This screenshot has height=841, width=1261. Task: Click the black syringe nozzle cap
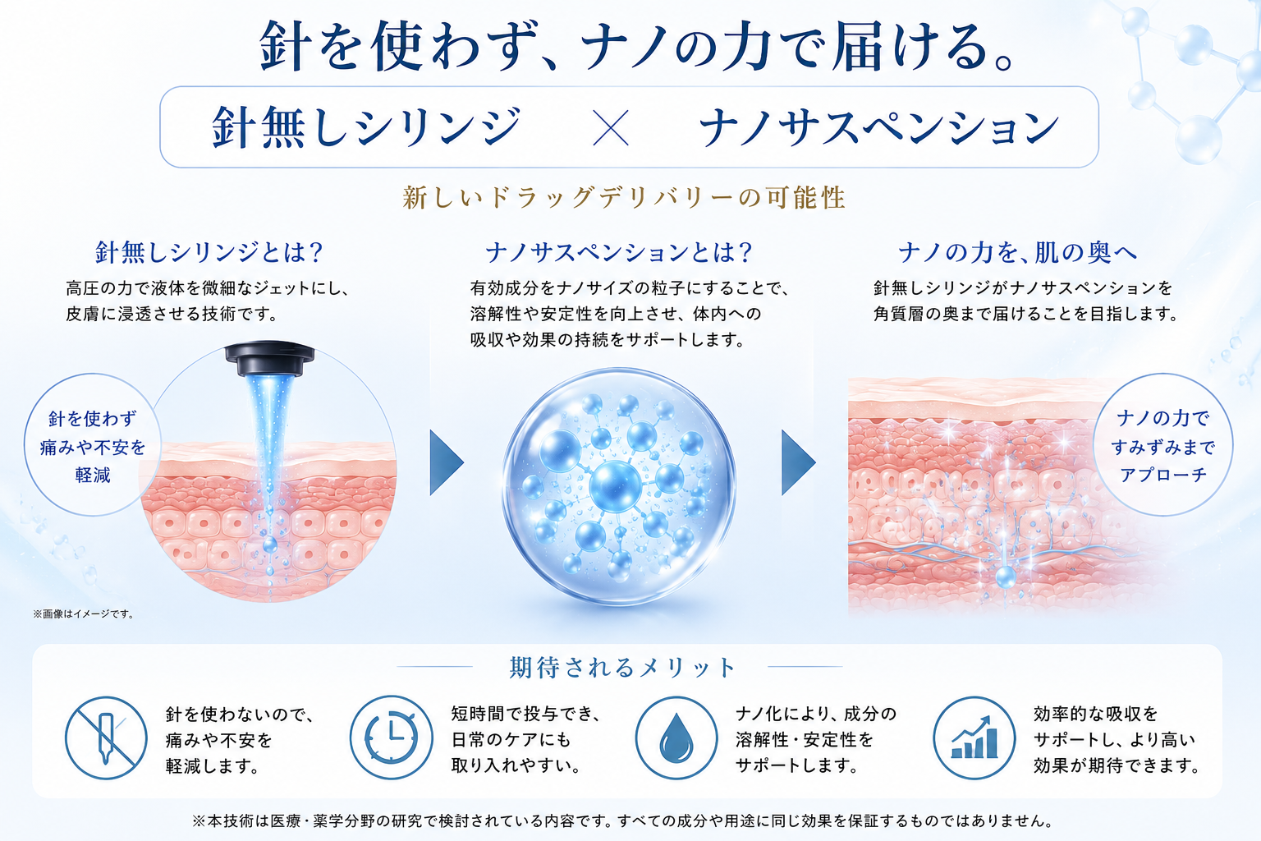(x=269, y=358)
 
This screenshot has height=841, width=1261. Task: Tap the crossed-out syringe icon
(x=106, y=738)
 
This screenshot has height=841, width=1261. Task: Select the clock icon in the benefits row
(x=392, y=738)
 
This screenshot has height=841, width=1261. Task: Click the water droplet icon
(x=676, y=738)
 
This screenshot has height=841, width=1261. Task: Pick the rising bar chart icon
(x=974, y=738)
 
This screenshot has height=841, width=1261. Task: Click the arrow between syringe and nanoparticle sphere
(x=447, y=463)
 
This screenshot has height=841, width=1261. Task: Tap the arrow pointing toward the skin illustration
(x=798, y=463)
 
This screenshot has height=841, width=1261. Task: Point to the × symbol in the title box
(x=612, y=128)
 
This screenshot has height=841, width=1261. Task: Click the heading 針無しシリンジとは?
(x=209, y=252)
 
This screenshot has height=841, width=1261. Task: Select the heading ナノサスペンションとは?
(x=619, y=252)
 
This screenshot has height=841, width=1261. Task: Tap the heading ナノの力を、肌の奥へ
(x=1017, y=252)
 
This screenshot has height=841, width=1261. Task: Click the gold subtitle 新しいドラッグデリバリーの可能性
(x=624, y=198)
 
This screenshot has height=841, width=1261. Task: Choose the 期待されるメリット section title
(x=622, y=668)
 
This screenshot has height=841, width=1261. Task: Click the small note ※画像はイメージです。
(x=84, y=614)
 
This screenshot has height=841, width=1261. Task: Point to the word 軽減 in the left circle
(x=93, y=475)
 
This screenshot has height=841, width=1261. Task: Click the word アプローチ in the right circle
(x=1163, y=475)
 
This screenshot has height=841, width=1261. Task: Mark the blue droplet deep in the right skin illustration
(x=1006, y=577)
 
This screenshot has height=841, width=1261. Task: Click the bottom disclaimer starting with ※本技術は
(x=622, y=820)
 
